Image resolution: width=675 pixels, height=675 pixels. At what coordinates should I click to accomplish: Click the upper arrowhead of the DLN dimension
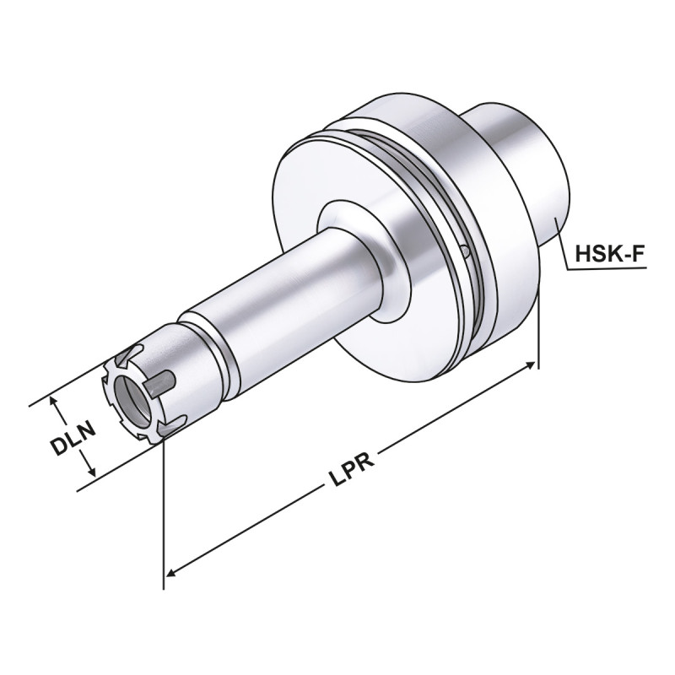point(57,403)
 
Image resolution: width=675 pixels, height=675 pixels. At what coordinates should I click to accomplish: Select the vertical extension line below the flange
point(538,337)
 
